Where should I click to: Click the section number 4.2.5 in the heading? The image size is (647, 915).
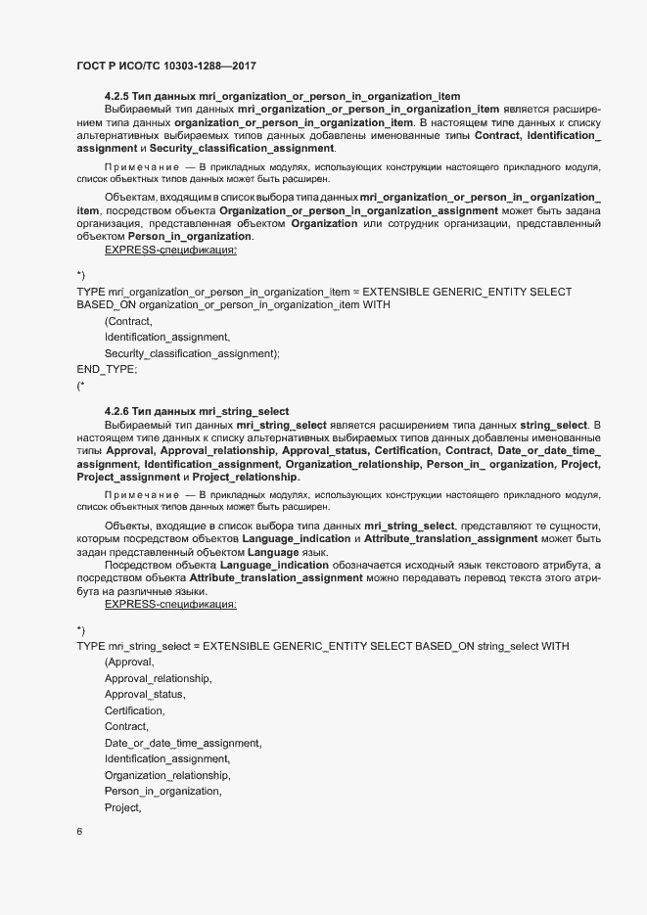118,95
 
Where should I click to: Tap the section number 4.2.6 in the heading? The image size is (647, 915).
118,410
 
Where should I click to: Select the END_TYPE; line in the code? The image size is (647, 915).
107,370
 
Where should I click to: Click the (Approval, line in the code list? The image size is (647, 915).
129,663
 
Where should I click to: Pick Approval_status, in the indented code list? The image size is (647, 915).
144,694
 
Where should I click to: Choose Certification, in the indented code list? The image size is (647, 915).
134,709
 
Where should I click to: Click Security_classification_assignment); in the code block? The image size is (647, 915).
192,353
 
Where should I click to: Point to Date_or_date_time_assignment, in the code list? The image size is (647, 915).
183,743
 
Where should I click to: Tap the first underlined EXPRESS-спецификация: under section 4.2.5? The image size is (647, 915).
170,251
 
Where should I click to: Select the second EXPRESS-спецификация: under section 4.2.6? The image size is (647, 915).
170,605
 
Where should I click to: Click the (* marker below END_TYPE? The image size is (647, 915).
80,387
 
